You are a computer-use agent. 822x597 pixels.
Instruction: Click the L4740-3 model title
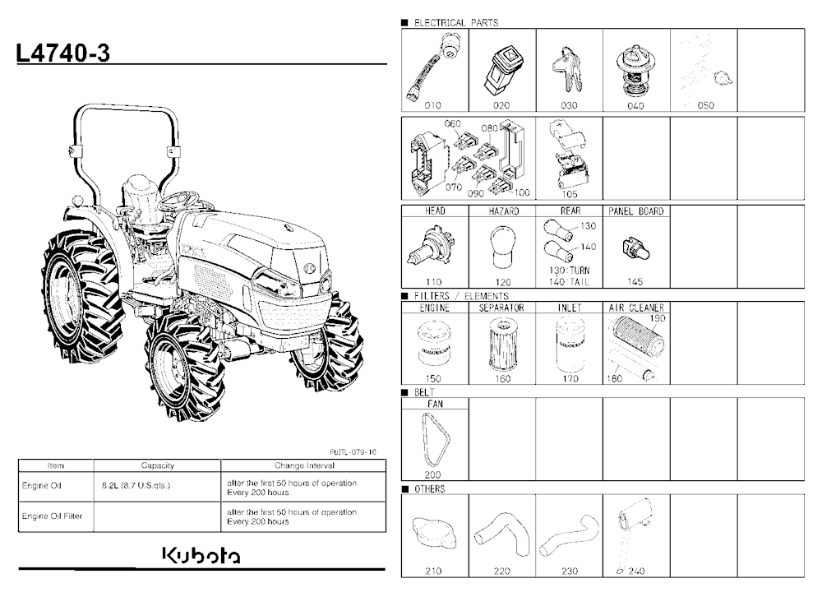coord(63,53)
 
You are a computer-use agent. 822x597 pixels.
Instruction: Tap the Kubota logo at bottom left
coord(202,556)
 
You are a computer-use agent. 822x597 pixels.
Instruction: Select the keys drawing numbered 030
coord(567,69)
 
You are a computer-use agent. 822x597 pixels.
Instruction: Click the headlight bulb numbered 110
coord(430,249)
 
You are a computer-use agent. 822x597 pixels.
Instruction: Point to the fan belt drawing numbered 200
coord(436,440)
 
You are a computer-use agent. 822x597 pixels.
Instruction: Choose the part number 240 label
coord(636,571)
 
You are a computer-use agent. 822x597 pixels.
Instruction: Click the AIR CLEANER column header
coord(636,308)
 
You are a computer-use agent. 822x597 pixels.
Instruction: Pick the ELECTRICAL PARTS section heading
coord(456,22)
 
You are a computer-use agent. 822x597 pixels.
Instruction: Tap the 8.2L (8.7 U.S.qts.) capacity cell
coord(136,485)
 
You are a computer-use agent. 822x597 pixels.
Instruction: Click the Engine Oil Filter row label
coord(52,516)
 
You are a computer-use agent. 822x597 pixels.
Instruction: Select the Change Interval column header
coord(304,465)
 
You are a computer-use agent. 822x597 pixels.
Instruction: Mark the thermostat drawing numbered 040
coord(635,71)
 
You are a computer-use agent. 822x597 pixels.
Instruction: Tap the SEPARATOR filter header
coord(501,308)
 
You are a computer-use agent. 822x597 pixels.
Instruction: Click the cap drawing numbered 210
coord(433,534)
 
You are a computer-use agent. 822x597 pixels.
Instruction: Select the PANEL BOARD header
coord(636,211)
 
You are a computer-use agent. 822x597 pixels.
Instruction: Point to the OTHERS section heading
coord(429,489)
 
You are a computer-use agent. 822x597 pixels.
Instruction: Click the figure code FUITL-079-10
coord(353,451)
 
